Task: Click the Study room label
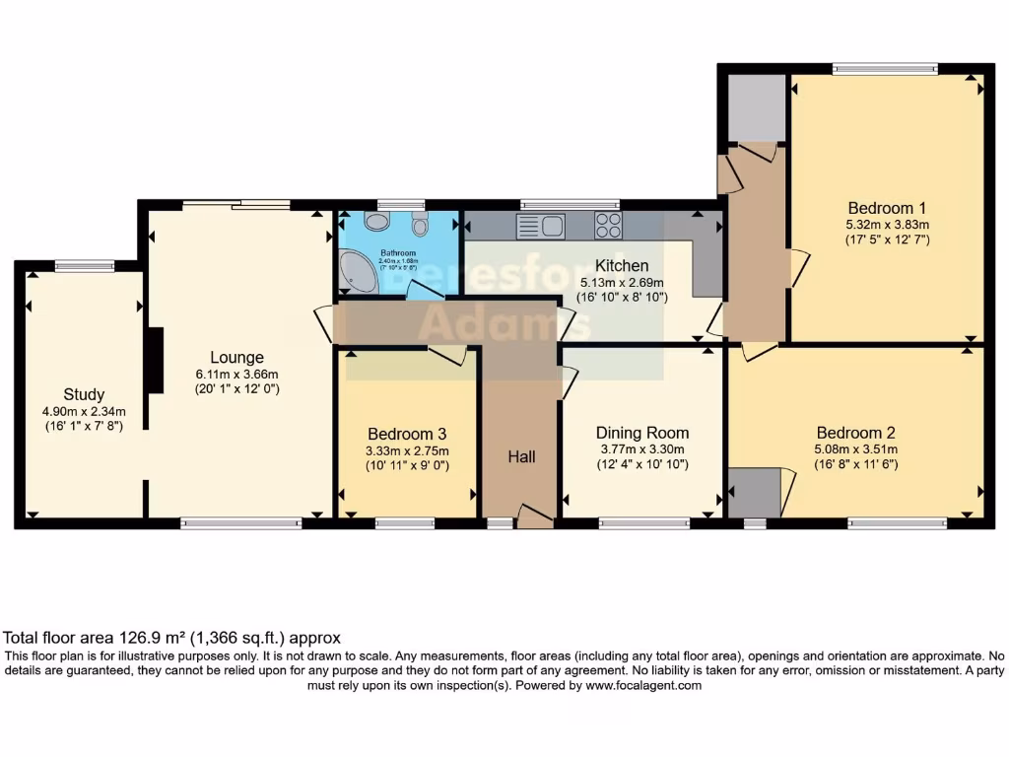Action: coord(84,394)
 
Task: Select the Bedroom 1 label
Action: coord(887,208)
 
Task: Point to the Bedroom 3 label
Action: coord(407,434)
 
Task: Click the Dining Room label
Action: coord(642,433)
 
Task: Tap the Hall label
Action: coord(521,456)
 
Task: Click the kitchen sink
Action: coord(540,226)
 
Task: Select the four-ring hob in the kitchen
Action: coord(607,226)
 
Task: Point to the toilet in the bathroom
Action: coord(421,226)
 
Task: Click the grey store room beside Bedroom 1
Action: coord(757,106)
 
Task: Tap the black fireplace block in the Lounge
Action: coord(154,362)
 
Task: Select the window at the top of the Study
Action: coord(84,264)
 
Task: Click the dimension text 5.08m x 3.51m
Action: coord(856,449)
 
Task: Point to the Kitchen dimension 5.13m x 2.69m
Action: coord(623,282)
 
